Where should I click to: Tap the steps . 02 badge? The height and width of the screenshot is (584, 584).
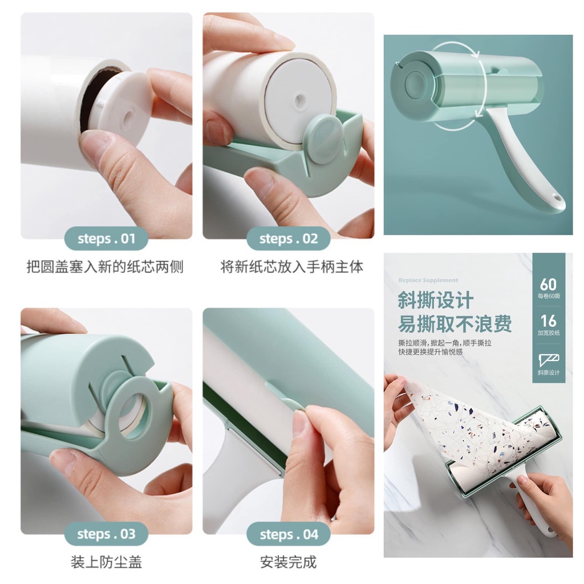[x=288, y=238]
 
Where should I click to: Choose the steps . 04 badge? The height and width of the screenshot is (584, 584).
[x=288, y=534]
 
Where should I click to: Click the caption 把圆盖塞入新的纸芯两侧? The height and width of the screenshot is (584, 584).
[x=105, y=266]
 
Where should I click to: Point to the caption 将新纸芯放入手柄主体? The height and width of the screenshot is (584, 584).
[x=291, y=266]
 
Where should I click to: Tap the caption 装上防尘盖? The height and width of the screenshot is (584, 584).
[x=106, y=562]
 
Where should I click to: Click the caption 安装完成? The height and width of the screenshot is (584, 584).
[x=288, y=562]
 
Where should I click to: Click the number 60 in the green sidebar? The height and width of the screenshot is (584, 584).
[x=548, y=283]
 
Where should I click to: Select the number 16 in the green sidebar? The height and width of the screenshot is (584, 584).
[x=548, y=321]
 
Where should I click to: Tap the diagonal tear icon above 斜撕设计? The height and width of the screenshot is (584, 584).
[x=548, y=359]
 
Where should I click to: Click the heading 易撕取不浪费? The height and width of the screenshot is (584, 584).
[x=455, y=323]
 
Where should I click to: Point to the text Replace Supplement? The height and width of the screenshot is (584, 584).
[x=428, y=280]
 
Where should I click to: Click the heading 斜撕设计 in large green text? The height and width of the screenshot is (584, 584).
[x=435, y=301]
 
